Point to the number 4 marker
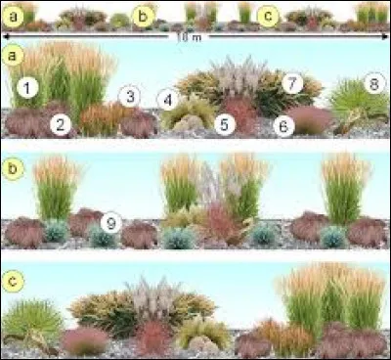[x=168, y=99]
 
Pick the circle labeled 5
[x=225, y=123]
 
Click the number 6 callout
[x=283, y=124]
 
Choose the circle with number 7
[x=290, y=83]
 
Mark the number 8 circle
[x=372, y=83]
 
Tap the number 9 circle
[x=111, y=222]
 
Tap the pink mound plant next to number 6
[x=310, y=119]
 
